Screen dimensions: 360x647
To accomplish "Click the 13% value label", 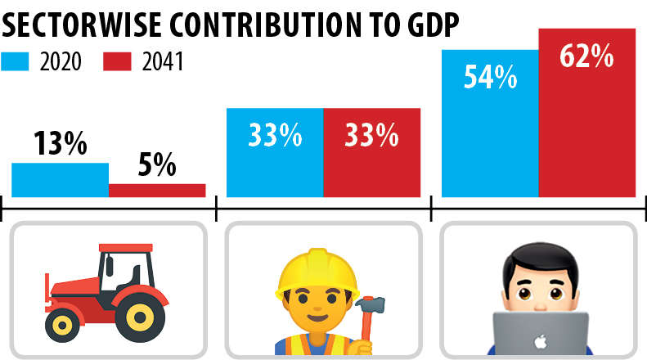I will [60, 145].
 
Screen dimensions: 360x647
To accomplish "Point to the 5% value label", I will [156, 165].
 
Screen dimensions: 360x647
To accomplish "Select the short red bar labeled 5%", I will [157, 190].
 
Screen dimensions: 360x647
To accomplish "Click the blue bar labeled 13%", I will [60, 180].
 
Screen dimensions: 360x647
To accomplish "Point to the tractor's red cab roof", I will [125, 248].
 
